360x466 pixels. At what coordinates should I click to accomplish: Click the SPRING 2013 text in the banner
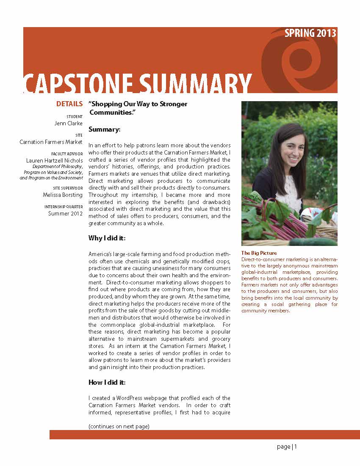pos(310,33)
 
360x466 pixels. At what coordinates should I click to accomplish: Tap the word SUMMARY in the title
pos(195,84)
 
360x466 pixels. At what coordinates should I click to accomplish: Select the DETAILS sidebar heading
pos(69,104)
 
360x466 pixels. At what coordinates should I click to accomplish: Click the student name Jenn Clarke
pos(69,124)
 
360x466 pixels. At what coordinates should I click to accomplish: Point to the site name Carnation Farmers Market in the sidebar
pos(51,142)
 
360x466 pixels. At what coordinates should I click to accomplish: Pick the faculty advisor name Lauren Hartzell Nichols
pos(54,161)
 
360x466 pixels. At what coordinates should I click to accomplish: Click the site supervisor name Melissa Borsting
pos(63,195)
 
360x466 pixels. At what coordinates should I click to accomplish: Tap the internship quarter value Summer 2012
pos(65,213)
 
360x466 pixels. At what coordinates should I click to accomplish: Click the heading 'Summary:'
pos(104,129)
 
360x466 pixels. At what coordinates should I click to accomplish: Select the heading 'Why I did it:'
pos(107,238)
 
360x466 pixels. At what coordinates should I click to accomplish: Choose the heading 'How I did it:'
pos(107,383)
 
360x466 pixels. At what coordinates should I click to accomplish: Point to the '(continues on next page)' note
pos(119,426)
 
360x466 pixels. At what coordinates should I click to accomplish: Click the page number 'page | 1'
pos(287,447)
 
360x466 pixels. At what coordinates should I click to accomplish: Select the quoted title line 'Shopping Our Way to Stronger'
pos(138,104)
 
